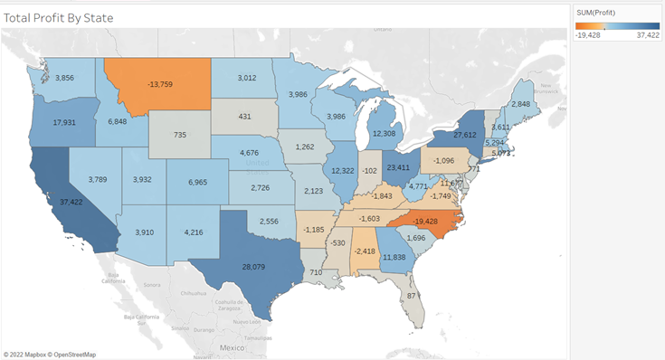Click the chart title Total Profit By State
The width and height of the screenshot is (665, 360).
point(62,17)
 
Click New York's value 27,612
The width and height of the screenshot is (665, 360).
point(464,135)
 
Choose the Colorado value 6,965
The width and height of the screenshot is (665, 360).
point(197,183)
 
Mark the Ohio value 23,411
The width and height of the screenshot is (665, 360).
point(398,167)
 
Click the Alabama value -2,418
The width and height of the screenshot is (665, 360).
point(366,250)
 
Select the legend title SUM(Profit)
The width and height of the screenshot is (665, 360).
point(597,12)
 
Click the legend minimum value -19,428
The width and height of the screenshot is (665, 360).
point(590,36)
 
